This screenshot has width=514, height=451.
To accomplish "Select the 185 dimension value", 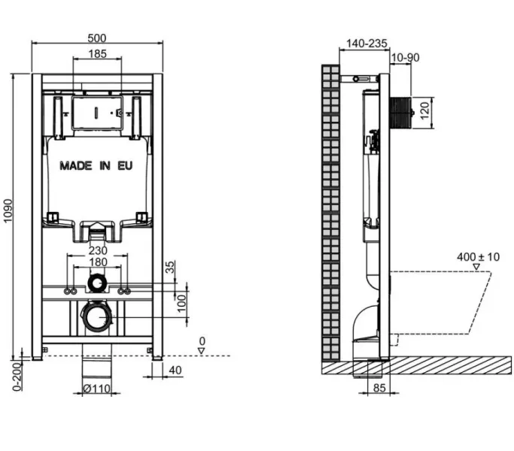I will point(96,53).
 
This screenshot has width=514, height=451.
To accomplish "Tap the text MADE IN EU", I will point(96,165).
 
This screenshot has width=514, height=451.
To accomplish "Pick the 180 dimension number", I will point(98,262).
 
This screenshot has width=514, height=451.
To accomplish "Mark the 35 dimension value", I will point(170,266).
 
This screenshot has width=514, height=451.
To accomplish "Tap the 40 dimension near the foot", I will point(175,369).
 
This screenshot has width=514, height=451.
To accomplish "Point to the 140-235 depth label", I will point(367,44).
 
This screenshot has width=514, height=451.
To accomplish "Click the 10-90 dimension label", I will point(406,56).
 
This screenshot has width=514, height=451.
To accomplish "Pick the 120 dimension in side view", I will point(424,111).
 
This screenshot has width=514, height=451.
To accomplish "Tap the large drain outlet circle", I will point(96,316).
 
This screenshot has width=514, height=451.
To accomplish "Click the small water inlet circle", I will point(96,283).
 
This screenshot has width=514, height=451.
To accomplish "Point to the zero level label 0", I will point(202,341).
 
